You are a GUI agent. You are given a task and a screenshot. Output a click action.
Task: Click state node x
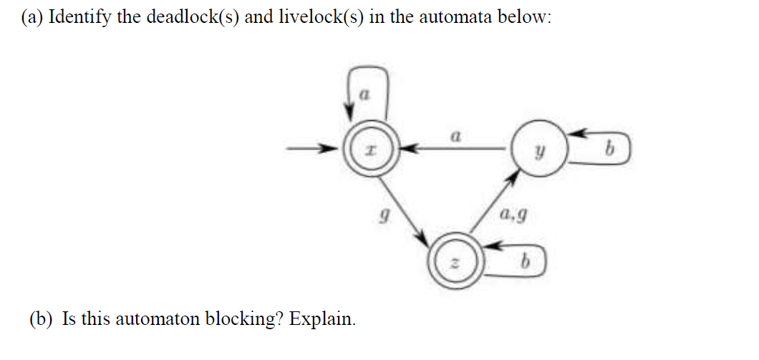(x=366, y=150)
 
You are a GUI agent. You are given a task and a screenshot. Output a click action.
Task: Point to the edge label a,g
(x=516, y=213)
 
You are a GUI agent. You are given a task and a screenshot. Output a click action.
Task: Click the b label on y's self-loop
(x=609, y=151)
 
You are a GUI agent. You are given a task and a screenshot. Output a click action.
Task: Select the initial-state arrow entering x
(x=311, y=150)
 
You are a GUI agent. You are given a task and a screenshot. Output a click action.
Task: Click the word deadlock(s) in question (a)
(x=193, y=18)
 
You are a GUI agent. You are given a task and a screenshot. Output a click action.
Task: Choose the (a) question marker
(x=30, y=18)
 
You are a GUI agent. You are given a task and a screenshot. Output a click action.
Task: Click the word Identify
(x=80, y=18)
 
